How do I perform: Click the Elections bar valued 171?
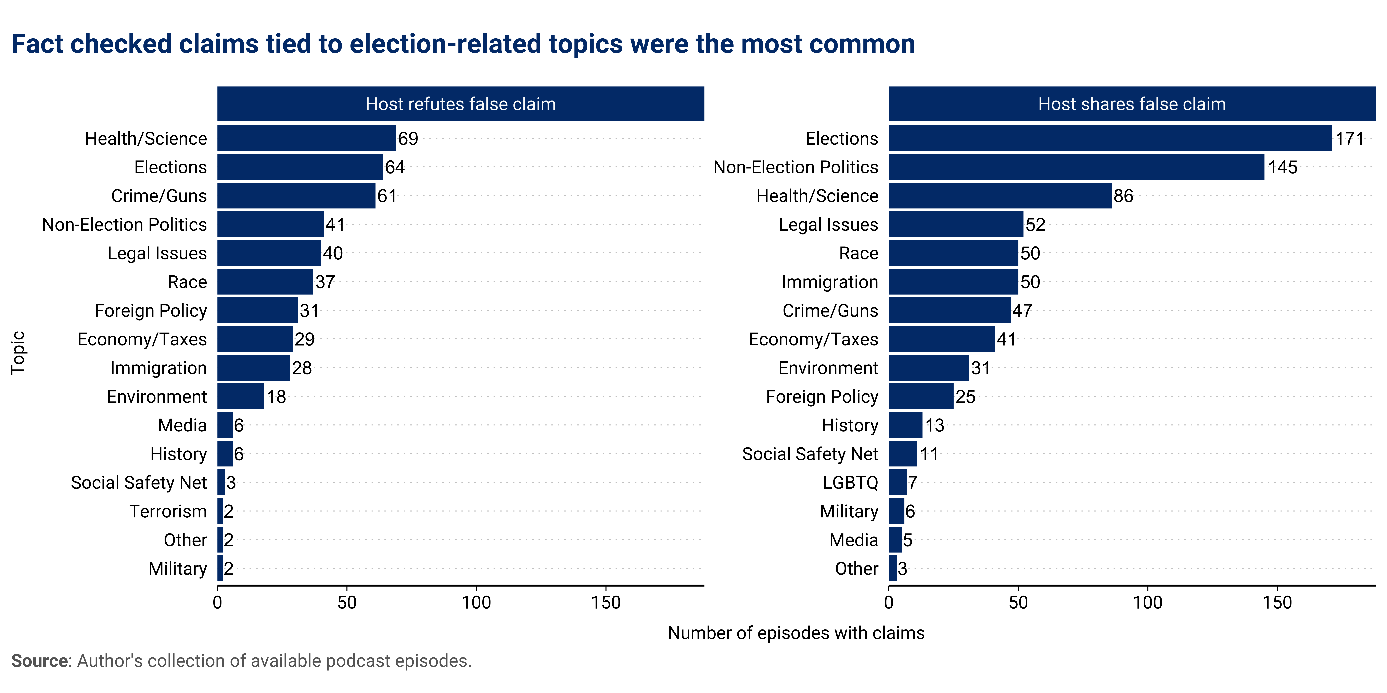click(x=1109, y=138)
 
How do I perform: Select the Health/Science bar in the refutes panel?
click(x=306, y=138)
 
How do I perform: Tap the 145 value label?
click(x=1283, y=167)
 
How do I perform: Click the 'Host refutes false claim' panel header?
click(x=460, y=104)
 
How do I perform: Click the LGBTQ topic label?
click(x=850, y=483)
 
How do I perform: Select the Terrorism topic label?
click(x=168, y=511)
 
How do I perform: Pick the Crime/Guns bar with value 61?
click(x=296, y=196)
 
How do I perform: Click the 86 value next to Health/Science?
click(x=1123, y=196)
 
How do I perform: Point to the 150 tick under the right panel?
click(x=1277, y=603)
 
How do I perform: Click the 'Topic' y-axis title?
click(x=18, y=353)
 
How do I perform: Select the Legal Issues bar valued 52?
click(x=956, y=224)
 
